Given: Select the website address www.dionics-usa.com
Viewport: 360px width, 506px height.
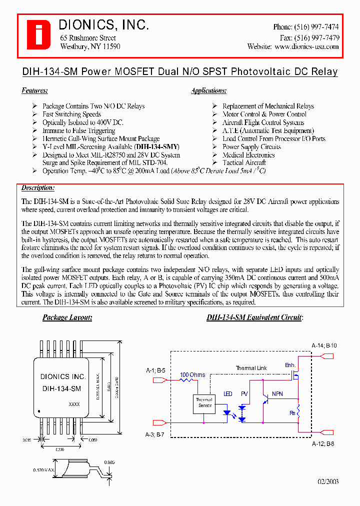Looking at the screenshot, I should [306, 46].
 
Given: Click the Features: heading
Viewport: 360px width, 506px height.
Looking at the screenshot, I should [34, 90].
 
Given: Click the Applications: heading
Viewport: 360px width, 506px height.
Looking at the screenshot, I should [209, 90].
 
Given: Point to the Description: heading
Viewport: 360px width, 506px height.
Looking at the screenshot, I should [37, 187].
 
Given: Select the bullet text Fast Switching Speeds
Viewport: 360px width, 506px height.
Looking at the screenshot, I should [71, 114].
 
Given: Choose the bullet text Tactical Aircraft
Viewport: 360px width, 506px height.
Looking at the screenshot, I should [244, 162].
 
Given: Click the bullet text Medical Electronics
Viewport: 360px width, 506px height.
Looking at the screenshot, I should [248, 154].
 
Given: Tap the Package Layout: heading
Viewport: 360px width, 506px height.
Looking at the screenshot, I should [67, 317].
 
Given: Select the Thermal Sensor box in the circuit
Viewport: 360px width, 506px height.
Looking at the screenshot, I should [203, 402].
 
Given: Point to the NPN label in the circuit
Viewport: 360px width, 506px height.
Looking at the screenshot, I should [277, 394].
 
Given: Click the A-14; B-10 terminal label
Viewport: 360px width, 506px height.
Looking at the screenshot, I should [324, 345].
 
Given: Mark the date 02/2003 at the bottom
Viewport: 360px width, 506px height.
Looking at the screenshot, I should [328, 481].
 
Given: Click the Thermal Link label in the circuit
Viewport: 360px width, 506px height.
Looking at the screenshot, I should [251, 368].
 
